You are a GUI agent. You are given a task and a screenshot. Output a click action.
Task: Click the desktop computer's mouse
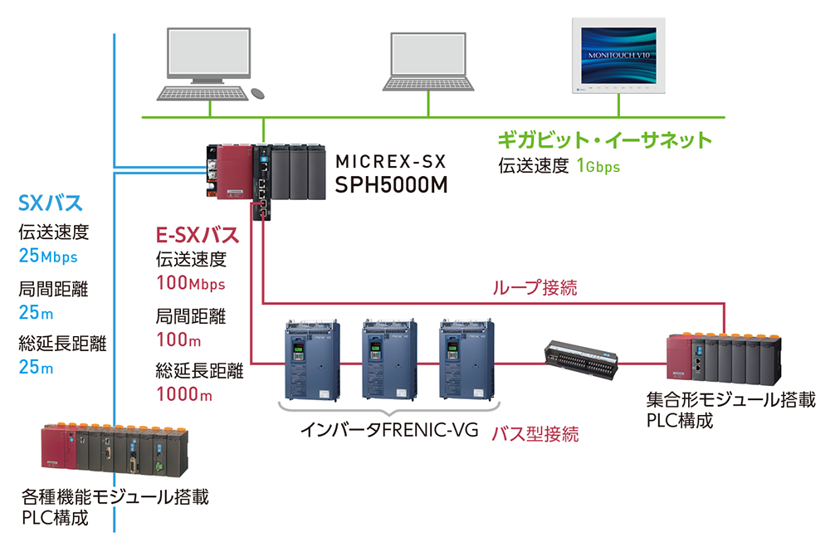[258, 93]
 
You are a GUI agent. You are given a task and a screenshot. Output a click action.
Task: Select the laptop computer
[429, 63]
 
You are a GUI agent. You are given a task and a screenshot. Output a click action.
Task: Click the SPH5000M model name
[391, 185]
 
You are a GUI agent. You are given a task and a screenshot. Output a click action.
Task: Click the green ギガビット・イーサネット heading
[604, 139]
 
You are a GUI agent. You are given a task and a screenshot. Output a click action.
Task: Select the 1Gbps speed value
[598, 166]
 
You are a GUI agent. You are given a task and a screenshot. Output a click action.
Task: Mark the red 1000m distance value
[183, 394]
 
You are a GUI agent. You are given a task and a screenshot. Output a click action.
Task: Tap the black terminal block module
[581, 359]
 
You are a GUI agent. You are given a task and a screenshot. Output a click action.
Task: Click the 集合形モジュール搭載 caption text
[729, 401]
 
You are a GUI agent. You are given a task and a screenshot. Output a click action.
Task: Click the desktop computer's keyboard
[202, 94]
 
